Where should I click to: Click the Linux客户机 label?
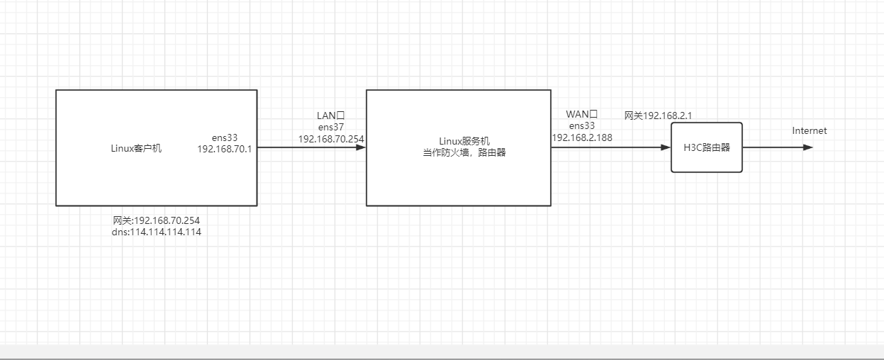pos(136,148)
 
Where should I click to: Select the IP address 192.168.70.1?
pos(225,149)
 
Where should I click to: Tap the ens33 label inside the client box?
pos(225,137)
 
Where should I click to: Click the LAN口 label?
pos(331,116)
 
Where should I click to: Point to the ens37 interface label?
pos(331,127)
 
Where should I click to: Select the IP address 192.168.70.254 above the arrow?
pos(331,139)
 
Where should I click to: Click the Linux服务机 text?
pos(464,141)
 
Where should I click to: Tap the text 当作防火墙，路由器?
pos(464,152)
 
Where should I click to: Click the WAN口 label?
pos(582,114)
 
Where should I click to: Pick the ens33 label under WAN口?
pos(582,125)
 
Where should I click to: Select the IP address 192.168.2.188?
pos(582,137)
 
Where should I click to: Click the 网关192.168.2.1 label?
pos(659,116)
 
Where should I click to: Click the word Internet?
pos(810,131)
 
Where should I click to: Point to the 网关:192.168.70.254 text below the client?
pos(156,220)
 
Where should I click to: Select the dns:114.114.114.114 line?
pos(156,232)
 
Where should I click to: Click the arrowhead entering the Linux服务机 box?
pos(361,147)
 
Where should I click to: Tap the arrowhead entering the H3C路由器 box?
pos(666,147)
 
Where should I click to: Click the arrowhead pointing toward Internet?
pos(808,147)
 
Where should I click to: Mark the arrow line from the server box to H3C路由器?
pos(611,147)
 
